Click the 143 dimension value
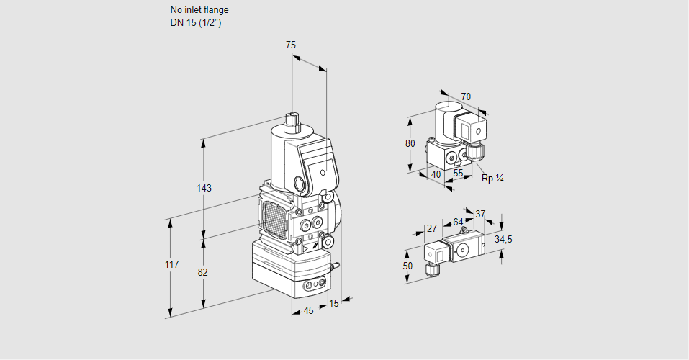tap(204, 189)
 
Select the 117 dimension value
tap(171, 265)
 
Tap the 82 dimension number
tap(203, 272)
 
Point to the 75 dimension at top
tap(291, 45)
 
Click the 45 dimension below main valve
tap(308, 310)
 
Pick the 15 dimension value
tap(333, 304)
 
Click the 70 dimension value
tap(466, 96)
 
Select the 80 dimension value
tap(410, 143)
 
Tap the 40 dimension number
tap(436, 174)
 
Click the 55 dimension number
tap(459, 173)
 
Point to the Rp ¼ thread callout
tap(492, 178)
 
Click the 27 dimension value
tap(432, 228)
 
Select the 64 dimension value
tap(458, 222)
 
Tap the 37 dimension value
tap(481, 214)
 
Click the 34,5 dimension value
tap(503, 239)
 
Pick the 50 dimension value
tap(408, 266)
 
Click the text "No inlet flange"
tap(199, 10)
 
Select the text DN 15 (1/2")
tap(195, 22)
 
